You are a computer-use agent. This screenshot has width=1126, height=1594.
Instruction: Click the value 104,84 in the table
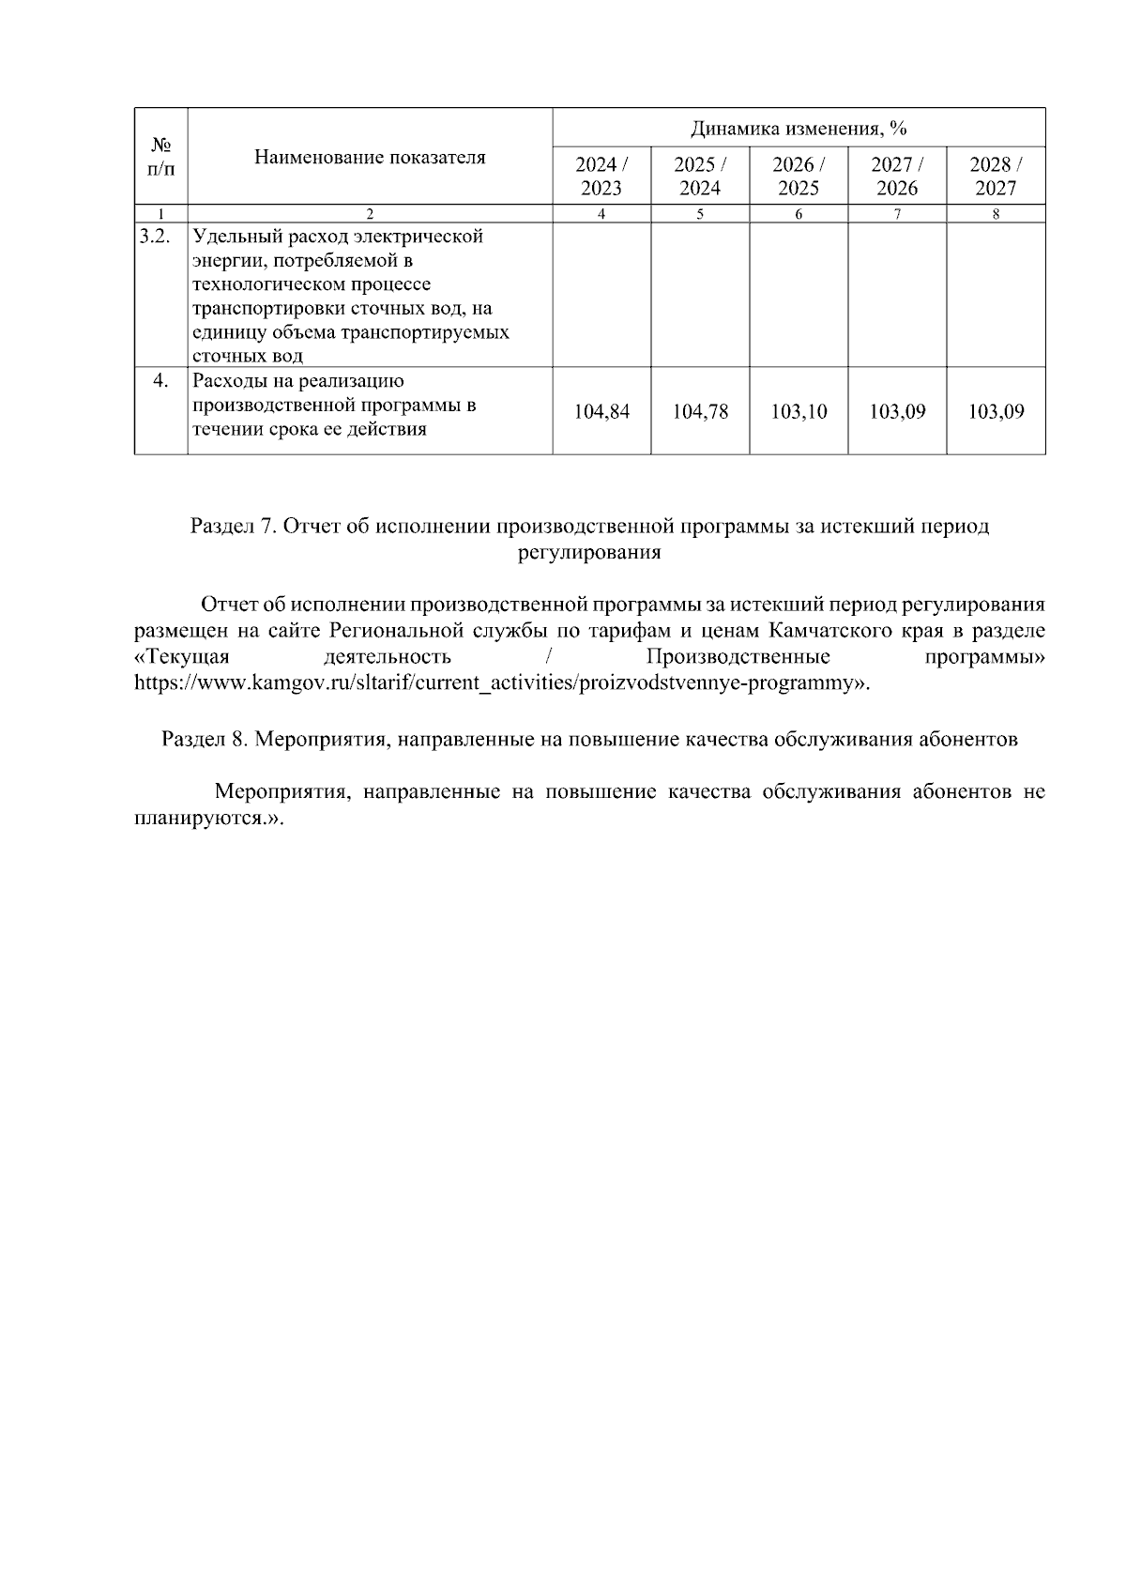pyautogui.click(x=601, y=411)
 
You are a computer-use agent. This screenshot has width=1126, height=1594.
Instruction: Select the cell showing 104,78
pyautogui.click(x=700, y=411)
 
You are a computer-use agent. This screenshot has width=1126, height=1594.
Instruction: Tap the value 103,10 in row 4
pyautogui.click(x=799, y=411)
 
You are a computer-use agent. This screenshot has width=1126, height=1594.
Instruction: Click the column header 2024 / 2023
pyautogui.click(x=601, y=176)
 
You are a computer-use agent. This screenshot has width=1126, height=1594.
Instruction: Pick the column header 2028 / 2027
pyautogui.click(x=996, y=176)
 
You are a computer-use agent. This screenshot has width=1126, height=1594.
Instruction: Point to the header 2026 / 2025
pyautogui.click(x=799, y=176)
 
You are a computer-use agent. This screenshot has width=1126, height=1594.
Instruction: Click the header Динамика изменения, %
pyautogui.click(x=799, y=128)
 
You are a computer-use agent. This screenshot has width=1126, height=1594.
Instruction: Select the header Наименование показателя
pyautogui.click(x=370, y=157)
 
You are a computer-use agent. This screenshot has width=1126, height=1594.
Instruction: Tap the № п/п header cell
pyautogui.click(x=161, y=157)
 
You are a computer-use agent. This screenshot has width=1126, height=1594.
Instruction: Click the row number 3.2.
pyautogui.click(x=155, y=236)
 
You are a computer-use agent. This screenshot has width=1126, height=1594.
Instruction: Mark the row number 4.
pyautogui.click(x=160, y=380)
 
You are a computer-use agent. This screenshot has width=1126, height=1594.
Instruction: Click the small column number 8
pyautogui.click(x=996, y=213)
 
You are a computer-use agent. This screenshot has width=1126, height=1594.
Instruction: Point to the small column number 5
pyautogui.click(x=700, y=213)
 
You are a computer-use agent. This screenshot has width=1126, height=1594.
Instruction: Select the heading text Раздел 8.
pyautogui.click(x=205, y=739)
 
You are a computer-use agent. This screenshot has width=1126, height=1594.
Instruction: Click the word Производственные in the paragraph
pyautogui.click(x=738, y=656)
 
